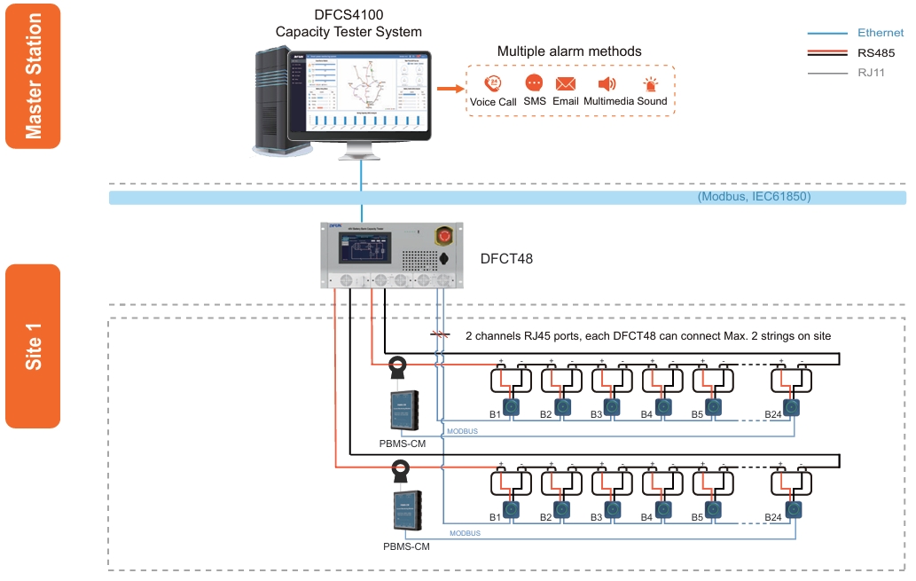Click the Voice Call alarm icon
click(493, 83)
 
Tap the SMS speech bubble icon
click(534, 83)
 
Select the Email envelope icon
click(566, 83)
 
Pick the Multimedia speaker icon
click(607, 83)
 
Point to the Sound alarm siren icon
click(652, 84)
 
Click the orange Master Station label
click(33, 75)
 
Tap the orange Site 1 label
click(33, 346)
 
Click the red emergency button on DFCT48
click(441, 237)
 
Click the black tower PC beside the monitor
click(276, 103)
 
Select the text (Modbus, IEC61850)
click(754, 197)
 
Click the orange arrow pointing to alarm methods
click(450, 89)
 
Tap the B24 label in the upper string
click(773, 414)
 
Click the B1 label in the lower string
click(496, 517)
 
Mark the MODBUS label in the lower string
click(465, 533)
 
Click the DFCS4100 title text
click(348, 16)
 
